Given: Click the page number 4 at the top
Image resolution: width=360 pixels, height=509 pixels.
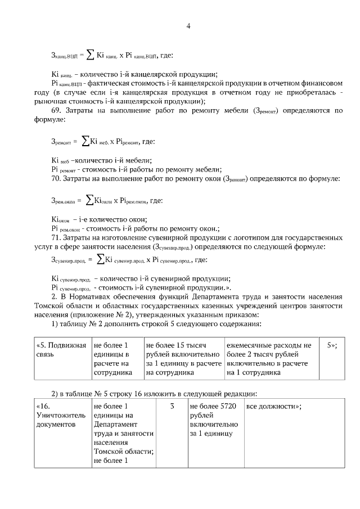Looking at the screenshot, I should point(188,26).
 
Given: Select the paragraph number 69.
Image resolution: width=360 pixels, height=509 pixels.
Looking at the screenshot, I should point(56,110).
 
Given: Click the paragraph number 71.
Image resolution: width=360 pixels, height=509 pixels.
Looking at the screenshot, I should point(56,237).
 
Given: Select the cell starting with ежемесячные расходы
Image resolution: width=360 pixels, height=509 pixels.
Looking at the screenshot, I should point(268,359).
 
